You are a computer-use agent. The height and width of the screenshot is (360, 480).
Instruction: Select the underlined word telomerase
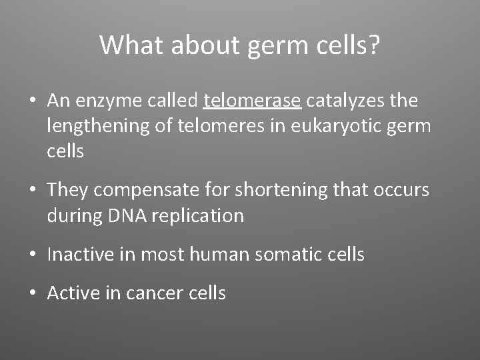(x=253, y=101)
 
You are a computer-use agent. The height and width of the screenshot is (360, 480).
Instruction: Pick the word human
(x=213, y=254)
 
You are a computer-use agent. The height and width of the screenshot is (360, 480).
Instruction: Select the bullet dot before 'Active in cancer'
(x=32, y=293)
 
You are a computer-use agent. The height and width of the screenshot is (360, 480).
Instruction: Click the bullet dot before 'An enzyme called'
(x=32, y=101)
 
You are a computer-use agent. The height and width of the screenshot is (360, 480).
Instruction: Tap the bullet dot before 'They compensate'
(x=32, y=191)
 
